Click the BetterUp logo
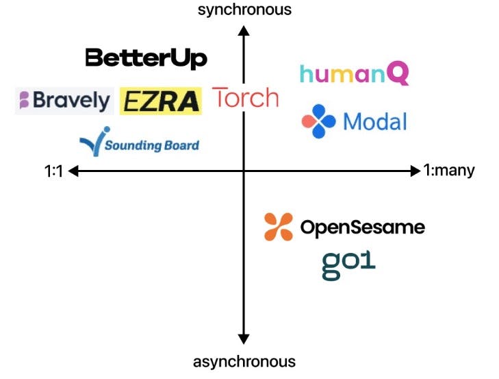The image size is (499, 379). (146, 58)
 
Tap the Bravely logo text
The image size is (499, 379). (71, 101)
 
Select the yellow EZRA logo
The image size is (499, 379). (161, 101)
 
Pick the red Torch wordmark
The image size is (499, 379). (246, 99)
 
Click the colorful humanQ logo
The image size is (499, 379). (354, 74)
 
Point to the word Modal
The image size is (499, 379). (374, 122)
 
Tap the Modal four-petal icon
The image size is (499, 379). (318, 121)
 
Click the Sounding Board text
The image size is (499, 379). (152, 145)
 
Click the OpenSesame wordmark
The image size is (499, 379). (362, 228)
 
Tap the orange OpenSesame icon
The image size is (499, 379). (279, 228)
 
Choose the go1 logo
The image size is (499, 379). (348, 265)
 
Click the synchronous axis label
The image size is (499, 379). (244, 10)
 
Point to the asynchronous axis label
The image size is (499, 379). (244, 361)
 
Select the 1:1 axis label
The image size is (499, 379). (53, 171)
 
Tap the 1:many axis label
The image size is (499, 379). (448, 171)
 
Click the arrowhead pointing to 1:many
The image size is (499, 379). (415, 171)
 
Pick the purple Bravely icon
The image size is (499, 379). (24, 101)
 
